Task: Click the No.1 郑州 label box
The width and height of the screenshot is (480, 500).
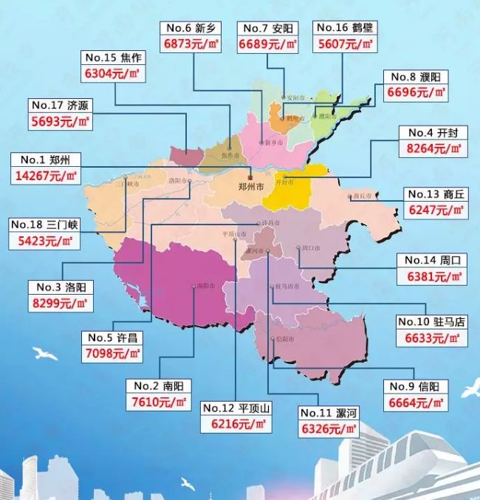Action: click(44, 160)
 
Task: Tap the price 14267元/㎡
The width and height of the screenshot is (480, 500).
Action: click(44, 176)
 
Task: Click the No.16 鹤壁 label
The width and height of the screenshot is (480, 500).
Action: click(344, 28)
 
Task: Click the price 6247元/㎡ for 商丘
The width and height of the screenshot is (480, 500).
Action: click(436, 210)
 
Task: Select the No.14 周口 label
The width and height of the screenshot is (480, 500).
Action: click(431, 260)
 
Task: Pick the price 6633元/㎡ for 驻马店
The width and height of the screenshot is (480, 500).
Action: click(428, 339)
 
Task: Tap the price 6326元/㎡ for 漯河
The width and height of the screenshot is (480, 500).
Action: click(328, 429)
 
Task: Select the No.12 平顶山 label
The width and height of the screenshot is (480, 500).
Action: click(236, 408)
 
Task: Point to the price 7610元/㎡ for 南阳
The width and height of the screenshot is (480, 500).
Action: click(162, 403)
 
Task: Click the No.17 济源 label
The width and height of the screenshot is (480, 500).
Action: click(61, 105)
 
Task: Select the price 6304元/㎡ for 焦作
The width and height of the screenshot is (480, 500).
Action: click(113, 73)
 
